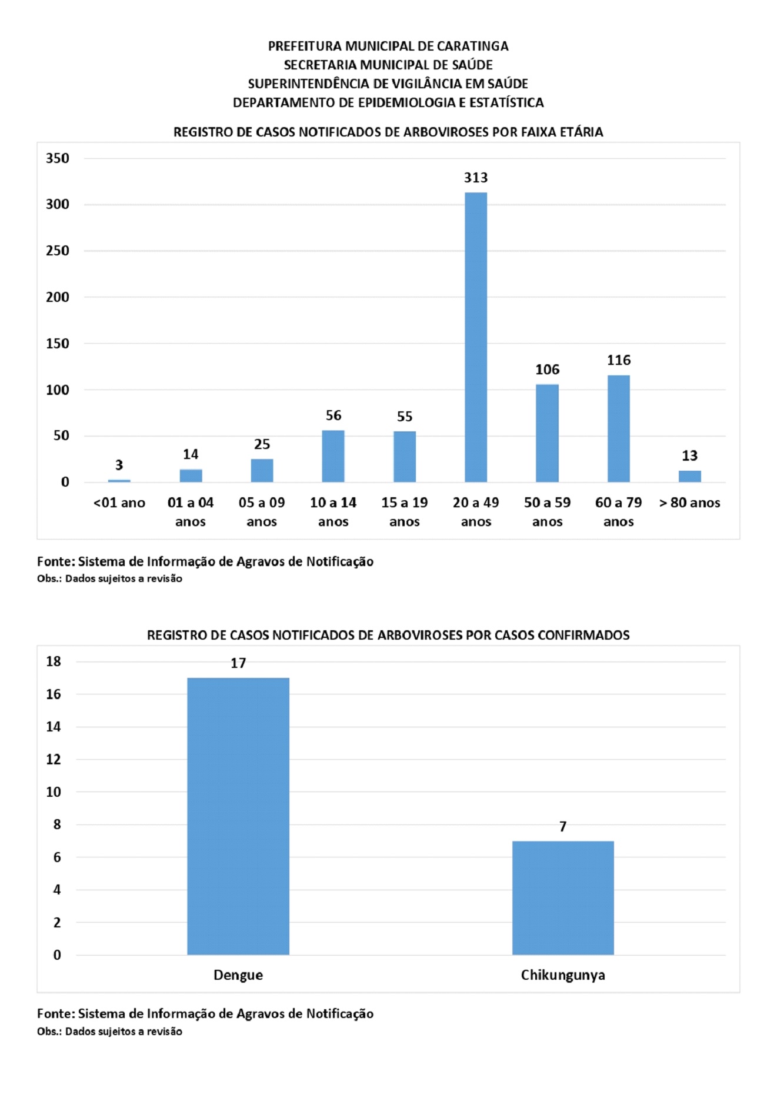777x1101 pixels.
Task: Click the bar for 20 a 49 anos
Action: (475, 337)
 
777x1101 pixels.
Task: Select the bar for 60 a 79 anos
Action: (618, 428)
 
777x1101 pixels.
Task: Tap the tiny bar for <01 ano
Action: (119, 481)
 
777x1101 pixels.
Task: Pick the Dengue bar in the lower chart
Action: (238, 816)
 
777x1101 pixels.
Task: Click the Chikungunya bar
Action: (562, 897)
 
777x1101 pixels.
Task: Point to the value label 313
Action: (475, 178)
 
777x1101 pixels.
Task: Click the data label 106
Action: (547, 370)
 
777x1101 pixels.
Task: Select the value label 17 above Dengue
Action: (238, 663)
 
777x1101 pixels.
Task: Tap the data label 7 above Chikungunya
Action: (562, 827)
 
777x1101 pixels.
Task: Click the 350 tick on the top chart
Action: (58, 158)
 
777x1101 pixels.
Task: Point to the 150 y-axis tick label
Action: (58, 344)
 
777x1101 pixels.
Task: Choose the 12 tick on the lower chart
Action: (54, 760)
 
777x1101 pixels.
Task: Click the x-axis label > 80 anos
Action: (689, 503)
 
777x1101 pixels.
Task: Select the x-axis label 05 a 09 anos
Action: (262, 511)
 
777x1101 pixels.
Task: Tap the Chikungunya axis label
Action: (562, 975)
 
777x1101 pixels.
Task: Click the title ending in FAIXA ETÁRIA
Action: (388, 132)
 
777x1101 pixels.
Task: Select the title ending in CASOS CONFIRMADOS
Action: (388, 635)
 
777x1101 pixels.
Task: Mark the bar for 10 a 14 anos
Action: (333, 456)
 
